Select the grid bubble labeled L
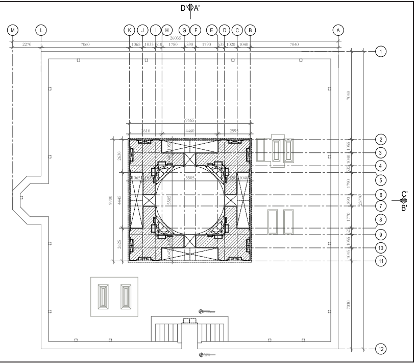coord(41,30)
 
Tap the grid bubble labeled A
coord(337,30)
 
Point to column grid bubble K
coord(130,30)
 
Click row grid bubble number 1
coord(380,51)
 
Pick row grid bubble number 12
coord(380,349)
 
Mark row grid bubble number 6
coord(380,195)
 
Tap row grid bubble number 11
coord(380,260)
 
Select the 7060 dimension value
coord(85,45)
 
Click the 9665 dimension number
coord(189,121)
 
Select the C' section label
coord(404,194)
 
